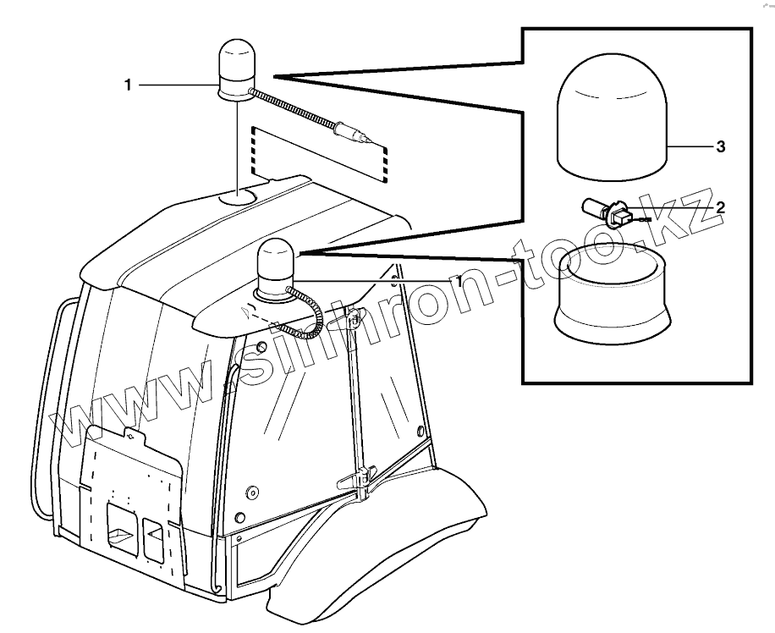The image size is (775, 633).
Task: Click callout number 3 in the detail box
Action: click(721, 147)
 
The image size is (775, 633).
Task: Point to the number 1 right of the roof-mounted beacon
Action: click(459, 279)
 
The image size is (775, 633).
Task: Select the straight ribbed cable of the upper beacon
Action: click(292, 109)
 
